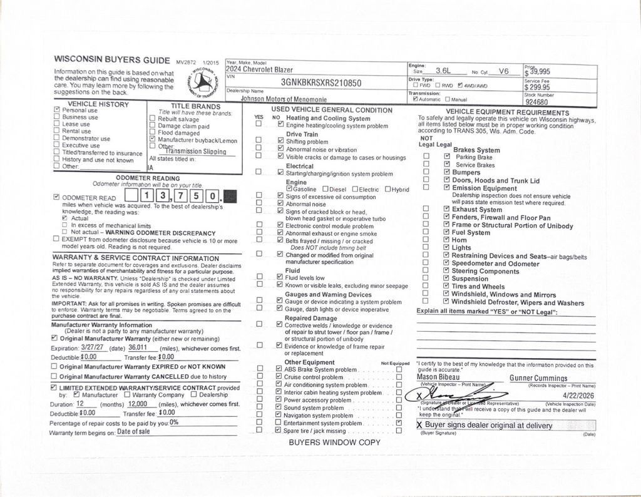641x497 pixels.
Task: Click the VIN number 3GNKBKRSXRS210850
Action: pos(320,83)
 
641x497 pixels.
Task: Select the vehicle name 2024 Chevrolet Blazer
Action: pos(259,69)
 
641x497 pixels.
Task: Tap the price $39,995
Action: pos(538,71)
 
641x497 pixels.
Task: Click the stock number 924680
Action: pos(536,102)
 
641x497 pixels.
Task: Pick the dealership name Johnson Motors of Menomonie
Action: pos(279,98)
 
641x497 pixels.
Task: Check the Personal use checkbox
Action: pos(57,110)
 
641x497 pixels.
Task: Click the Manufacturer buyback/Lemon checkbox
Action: pos(152,140)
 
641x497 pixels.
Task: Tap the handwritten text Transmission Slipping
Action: pos(196,151)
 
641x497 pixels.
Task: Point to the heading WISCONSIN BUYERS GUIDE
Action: pos(112,61)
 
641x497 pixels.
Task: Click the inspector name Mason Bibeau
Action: pos(438,377)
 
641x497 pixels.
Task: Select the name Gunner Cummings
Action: pos(538,378)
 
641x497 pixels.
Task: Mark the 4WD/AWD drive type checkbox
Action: pos(461,86)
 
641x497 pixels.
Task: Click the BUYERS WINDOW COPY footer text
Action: pos(334,442)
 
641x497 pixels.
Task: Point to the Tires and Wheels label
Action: pos(478,287)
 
